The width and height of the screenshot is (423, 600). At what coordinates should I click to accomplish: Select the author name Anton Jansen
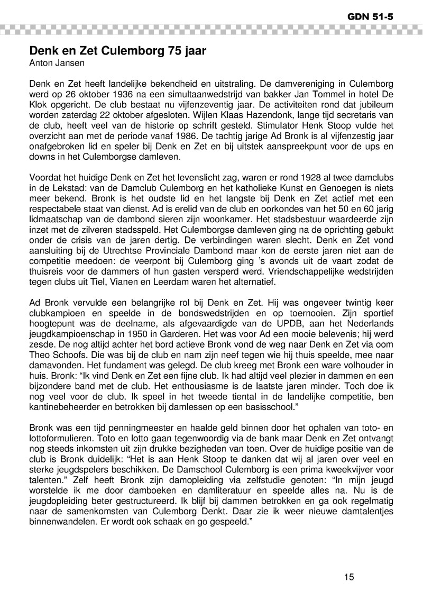[x=56, y=64]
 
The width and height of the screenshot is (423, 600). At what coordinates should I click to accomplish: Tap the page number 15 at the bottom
[x=348, y=577]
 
